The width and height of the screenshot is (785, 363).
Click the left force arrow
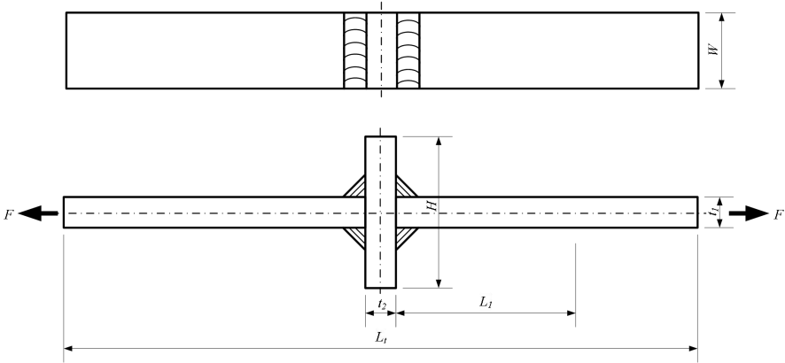click(39, 213)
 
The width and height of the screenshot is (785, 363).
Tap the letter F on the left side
click(8, 214)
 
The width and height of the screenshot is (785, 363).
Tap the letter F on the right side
click(778, 214)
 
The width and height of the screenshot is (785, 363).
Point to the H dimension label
click(431, 205)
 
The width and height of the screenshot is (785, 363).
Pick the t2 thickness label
click(381, 304)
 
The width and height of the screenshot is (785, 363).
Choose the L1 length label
click(486, 302)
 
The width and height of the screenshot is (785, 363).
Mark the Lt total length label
click(379, 337)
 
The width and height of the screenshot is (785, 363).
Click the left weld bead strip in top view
click(354, 50)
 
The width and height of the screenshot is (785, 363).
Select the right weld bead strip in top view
click(408, 50)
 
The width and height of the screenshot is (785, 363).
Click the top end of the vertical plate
click(381, 142)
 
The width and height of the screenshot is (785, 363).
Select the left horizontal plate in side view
click(213, 212)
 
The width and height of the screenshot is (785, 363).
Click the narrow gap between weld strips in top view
click(381, 50)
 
